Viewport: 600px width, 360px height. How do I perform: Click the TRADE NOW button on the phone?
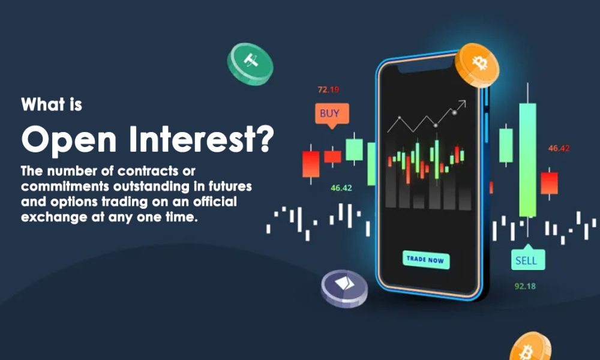click(x=426, y=260)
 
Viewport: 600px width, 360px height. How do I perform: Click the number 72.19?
click(x=328, y=90)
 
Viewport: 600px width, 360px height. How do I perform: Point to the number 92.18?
click(x=526, y=286)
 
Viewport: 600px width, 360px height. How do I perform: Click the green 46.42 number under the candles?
click(x=341, y=188)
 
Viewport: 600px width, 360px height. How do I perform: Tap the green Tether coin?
click(x=250, y=62)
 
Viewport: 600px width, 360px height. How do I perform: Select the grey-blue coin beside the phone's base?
click(x=344, y=288)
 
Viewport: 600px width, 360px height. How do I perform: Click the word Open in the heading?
click(x=65, y=140)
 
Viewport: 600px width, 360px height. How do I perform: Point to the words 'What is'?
click(x=52, y=104)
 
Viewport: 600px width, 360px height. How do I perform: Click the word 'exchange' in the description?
click(x=50, y=218)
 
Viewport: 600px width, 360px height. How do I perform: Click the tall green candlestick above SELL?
click(x=527, y=159)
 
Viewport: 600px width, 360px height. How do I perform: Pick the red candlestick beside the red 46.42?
click(x=549, y=183)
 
